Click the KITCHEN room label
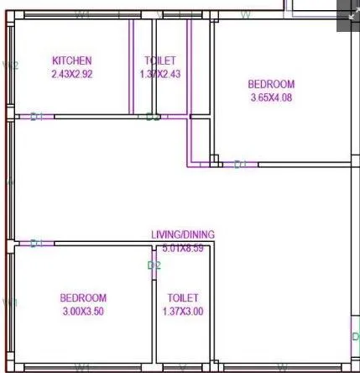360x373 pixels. [x=71, y=60]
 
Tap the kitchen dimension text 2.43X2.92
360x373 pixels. [x=71, y=73]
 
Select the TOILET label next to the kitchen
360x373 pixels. [x=160, y=60]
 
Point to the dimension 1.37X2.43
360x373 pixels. [x=159, y=73]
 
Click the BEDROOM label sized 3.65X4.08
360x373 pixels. [x=271, y=84]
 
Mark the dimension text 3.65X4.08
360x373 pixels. [x=271, y=97]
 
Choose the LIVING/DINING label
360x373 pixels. [x=182, y=234]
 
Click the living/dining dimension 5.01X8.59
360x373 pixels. [x=183, y=247]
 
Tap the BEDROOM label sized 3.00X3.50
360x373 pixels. [x=83, y=298]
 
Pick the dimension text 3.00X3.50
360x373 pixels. [x=83, y=311]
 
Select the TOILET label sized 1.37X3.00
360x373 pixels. [x=182, y=298]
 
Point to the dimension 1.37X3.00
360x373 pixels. [x=182, y=311]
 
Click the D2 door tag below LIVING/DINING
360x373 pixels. [x=154, y=265]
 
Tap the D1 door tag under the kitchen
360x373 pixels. [x=36, y=117]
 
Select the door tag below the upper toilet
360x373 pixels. [x=152, y=117]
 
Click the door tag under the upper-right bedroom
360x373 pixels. [x=240, y=164]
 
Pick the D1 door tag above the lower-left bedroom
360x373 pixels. [x=36, y=244]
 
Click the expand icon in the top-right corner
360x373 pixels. [x=348, y=14]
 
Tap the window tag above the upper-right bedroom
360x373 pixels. [x=246, y=15]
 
